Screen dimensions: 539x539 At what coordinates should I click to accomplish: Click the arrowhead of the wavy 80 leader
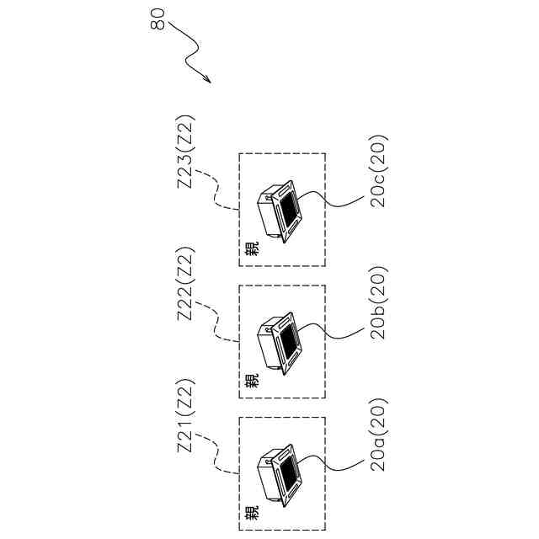[208, 81]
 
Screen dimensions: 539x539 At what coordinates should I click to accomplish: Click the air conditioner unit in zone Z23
[280, 211]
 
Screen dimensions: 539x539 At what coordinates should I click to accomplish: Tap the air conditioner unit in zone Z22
[280, 343]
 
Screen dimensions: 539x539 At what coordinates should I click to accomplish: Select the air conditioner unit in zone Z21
[280, 474]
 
